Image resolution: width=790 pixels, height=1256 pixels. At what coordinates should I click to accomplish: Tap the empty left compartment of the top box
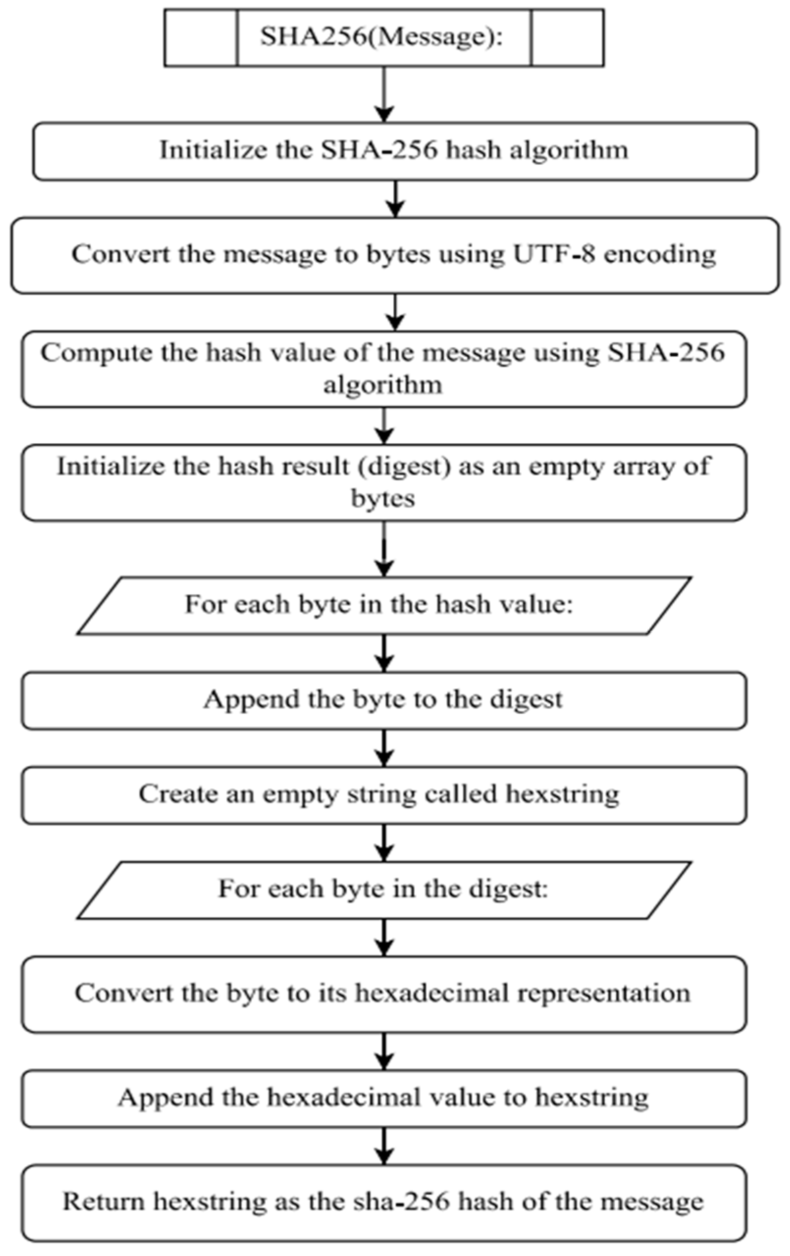point(201,38)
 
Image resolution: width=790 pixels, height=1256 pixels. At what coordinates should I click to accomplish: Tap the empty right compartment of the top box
point(567,38)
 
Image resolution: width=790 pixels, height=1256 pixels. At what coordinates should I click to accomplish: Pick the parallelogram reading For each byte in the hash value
point(383,605)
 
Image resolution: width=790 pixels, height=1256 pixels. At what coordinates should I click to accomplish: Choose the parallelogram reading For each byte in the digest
point(383,888)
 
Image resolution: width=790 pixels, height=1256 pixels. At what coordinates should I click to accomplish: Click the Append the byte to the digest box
point(383,700)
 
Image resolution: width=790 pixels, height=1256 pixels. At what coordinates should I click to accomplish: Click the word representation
point(604,993)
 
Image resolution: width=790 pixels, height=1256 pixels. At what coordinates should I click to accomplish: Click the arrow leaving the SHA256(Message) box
point(384,94)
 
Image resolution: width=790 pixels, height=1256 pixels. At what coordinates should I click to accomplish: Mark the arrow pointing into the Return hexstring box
point(384,1145)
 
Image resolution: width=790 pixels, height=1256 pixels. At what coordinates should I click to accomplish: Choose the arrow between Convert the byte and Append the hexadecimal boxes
point(384,1051)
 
